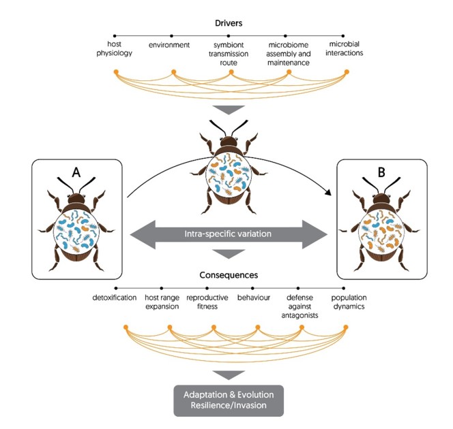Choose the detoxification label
click(115, 297)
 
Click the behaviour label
click(254, 297)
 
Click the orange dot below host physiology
click(116, 71)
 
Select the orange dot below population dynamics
click(345, 328)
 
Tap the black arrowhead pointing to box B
click(332, 195)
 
